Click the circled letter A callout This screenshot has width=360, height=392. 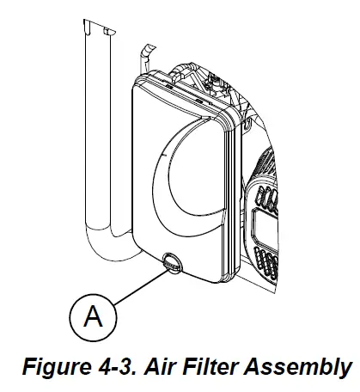click(93, 317)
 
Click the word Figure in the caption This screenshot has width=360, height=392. click(55, 367)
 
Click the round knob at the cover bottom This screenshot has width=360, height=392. click(172, 261)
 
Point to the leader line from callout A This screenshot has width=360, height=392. click(141, 287)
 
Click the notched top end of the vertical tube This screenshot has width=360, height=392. click(99, 28)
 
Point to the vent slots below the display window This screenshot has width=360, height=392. click(266, 263)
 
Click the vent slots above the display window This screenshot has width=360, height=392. click(268, 198)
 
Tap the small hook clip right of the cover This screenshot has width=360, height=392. click(247, 123)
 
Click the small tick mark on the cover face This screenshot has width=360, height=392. click(165, 155)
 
